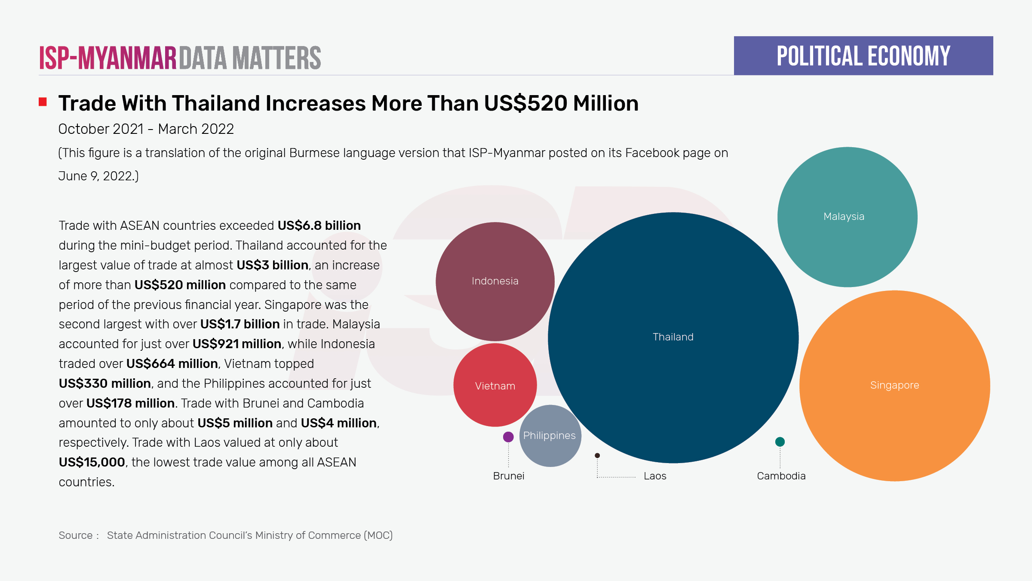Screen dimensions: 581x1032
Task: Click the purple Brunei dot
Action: point(508,437)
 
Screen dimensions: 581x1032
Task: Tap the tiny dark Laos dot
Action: point(597,455)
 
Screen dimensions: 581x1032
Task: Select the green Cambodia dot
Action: point(780,442)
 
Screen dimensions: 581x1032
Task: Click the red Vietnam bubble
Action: point(495,385)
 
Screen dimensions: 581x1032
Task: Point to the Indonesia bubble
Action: point(495,281)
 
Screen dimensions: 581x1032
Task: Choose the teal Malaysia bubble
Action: point(847,217)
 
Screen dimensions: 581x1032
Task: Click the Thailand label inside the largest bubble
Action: point(673,337)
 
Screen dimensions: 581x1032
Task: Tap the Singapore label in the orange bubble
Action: point(894,385)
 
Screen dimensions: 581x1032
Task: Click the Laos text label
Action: point(655,476)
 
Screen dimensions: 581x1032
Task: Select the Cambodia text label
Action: point(781,476)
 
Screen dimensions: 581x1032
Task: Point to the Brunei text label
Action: point(509,476)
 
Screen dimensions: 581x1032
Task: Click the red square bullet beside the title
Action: point(43,102)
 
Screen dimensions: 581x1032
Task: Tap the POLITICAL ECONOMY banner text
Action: point(863,56)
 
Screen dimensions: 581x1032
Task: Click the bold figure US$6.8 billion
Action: point(319,226)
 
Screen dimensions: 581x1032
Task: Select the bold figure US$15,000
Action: point(92,462)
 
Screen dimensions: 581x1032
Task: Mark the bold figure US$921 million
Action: point(237,344)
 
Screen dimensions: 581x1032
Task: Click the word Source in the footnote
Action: point(76,535)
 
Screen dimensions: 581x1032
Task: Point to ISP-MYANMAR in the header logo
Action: point(108,58)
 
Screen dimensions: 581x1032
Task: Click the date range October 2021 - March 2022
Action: point(146,129)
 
